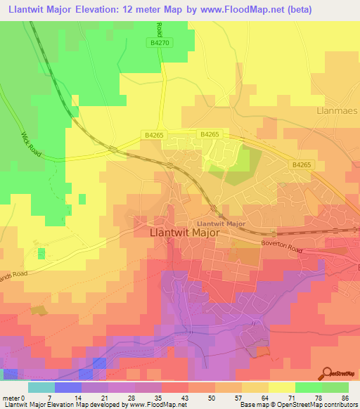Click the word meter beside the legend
(10, 398)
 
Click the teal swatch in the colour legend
(41, 387)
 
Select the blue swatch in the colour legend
(67, 387)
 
